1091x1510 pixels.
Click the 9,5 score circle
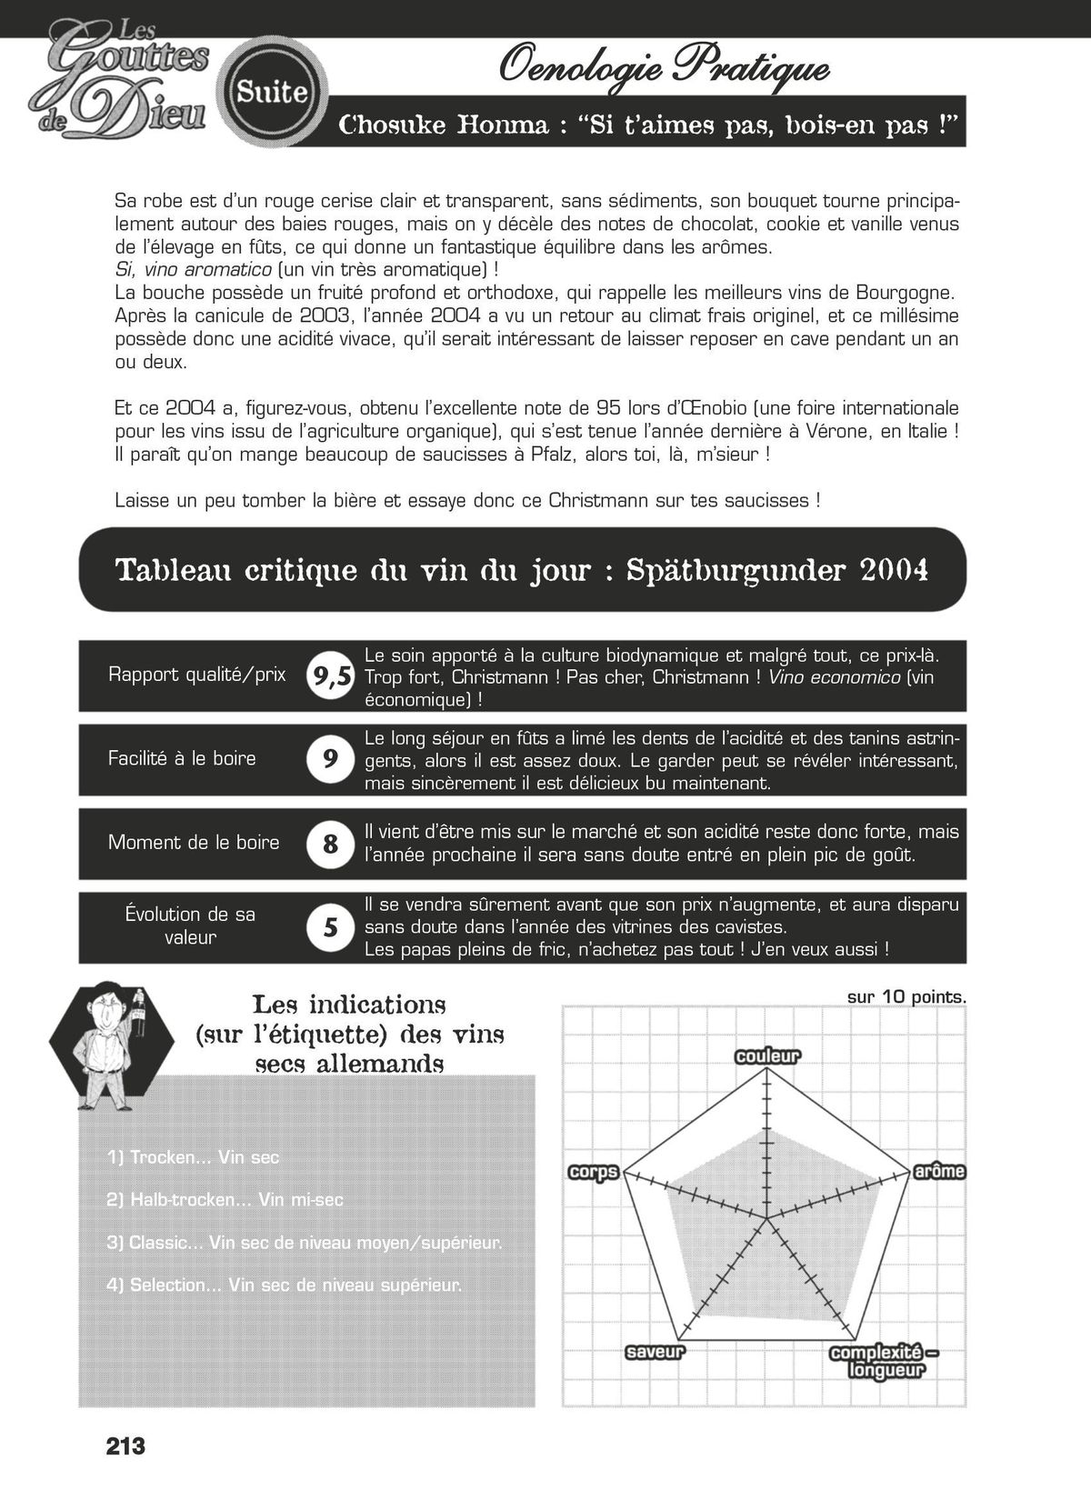pos(330,675)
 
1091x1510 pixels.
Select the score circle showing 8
pos(330,843)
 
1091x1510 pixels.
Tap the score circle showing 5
pos(330,927)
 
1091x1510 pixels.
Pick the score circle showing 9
pos(330,759)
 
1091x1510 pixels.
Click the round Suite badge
pos(271,91)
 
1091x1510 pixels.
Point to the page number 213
pos(125,1446)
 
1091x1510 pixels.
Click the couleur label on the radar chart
pos(767,1056)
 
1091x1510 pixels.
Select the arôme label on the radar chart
pos(939,1172)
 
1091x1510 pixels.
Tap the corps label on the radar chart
pos(593,1172)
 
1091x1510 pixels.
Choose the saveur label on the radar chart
pos(655,1352)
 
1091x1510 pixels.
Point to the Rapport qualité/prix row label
pos(196,675)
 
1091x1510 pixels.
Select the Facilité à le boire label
pos(182,758)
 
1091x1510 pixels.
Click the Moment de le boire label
pos(194,842)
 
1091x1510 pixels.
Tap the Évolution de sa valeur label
pos(190,925)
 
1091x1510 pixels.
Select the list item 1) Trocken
pos(193,1157)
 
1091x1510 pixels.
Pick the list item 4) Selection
pos(284,1285)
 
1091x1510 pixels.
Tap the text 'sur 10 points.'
pos(906,997)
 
